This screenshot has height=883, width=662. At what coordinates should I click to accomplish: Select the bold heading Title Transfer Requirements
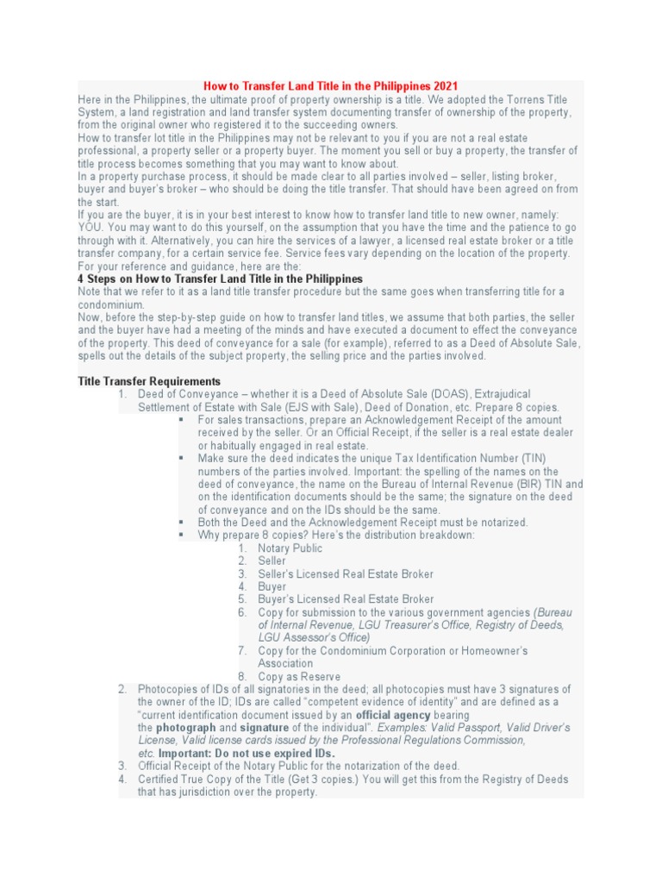coord(149,381)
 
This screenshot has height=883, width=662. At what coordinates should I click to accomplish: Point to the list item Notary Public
coord(290,548)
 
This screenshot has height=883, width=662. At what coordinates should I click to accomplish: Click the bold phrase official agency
coord(393,715)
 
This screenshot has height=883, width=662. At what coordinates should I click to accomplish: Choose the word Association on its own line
coord(286,663)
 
